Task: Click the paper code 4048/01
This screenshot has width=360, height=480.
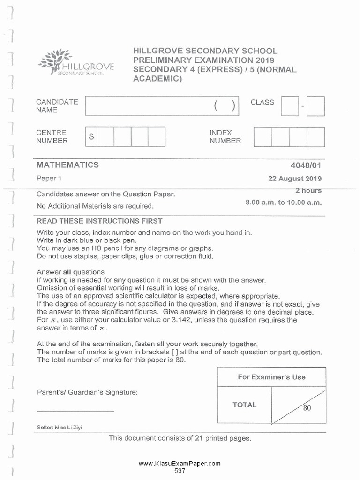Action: pos(306,165)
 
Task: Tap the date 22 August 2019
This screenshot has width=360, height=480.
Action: pos(293,179)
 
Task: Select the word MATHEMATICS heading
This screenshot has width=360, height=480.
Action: pos(67,165)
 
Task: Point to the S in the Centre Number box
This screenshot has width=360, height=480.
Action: pos(91,136)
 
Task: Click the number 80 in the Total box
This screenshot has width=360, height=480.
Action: pos(307,408)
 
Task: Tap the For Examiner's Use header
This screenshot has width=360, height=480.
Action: pos(271,377)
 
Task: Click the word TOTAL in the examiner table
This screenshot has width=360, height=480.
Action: pos(244,405)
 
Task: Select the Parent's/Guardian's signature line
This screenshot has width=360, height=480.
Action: pos(75,411)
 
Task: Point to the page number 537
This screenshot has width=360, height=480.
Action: pos(180,470)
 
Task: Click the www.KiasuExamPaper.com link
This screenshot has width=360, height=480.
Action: pos(180,464)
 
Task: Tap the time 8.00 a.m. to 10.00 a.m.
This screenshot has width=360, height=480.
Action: pos(284,202)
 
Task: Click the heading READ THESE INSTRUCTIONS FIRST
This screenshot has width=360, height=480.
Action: pos(99,221)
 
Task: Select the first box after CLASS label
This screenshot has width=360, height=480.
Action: pos(290,106)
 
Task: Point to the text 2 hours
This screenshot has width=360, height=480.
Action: pos(308,191)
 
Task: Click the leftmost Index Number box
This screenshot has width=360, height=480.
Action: pos(262,136)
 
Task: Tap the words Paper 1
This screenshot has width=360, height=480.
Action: pos(49,178)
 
